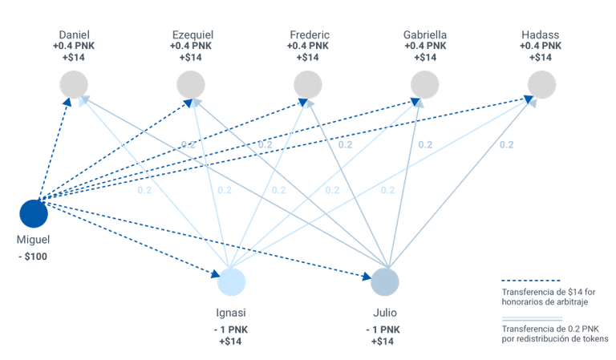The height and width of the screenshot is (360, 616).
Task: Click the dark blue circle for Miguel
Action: [34, 213]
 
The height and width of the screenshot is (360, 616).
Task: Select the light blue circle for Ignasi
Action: [231, 282]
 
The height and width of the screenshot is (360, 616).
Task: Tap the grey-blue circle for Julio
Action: [385, 282]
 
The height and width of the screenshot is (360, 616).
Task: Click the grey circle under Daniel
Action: [74, 85]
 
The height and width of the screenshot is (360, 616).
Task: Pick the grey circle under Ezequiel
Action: [191, 85]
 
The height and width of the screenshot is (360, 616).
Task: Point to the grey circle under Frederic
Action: [308, 85]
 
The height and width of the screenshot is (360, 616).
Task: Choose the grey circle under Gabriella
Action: [424, 85]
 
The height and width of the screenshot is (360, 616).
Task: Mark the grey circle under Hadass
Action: [541, 85]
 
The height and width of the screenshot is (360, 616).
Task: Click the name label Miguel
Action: [34, 240]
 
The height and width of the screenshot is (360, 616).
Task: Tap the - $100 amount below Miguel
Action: [33, 257]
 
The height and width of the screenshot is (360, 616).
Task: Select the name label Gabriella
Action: [425, 34]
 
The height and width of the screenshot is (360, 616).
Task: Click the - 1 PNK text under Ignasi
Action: [231, 330]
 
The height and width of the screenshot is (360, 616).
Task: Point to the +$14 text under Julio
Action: [383, 341]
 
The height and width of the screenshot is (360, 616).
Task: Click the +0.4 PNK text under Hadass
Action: [541, 46]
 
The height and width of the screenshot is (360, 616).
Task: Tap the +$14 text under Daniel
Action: [74, 57]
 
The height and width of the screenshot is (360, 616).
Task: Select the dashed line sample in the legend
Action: [531, 281]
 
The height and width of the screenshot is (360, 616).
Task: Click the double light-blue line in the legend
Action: [532, 319]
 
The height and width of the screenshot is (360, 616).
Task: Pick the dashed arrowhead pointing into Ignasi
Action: [215, 273]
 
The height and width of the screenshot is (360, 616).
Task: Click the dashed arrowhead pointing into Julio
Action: [367, 277]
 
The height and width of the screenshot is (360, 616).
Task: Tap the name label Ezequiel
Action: [192, 34]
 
